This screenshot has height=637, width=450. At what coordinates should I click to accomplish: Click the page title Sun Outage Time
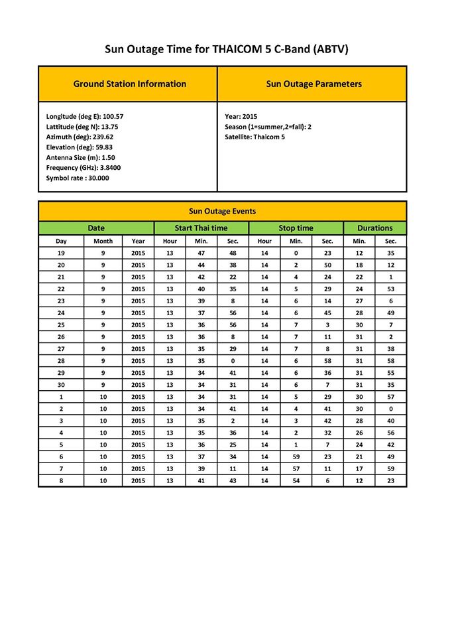(x=227, y=49)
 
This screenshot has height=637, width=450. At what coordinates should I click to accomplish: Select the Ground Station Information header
(x=129, y=84)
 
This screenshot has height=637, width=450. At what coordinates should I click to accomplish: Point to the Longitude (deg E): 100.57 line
(x=84, y=116)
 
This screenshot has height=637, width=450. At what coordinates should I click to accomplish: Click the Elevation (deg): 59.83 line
(x=79, y=147)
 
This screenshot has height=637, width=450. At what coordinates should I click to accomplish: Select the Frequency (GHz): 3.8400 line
(x=83, y=168)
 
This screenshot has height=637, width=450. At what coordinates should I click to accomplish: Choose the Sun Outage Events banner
(x=223, y=212)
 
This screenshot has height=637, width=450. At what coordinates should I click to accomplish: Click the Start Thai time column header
(x=201, y=228)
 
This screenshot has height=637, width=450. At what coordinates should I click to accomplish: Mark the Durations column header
(x=375, y=228)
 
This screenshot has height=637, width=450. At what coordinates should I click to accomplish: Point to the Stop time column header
(x=296, y=228)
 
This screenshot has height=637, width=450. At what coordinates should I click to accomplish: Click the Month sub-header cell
(x=103, y=241)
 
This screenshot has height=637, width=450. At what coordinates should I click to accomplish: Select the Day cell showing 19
(x=61, y=253)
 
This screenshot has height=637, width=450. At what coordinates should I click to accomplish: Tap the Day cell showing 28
(x=61, y=360)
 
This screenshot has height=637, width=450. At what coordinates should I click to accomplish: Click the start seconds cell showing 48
(x=233, y=253)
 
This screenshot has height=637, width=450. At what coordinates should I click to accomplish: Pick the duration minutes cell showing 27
(x=359, y=301)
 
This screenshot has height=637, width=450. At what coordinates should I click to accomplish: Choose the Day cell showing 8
(x=61, y=480)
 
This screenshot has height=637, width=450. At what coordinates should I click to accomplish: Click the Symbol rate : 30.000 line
(x=78, y=178)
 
